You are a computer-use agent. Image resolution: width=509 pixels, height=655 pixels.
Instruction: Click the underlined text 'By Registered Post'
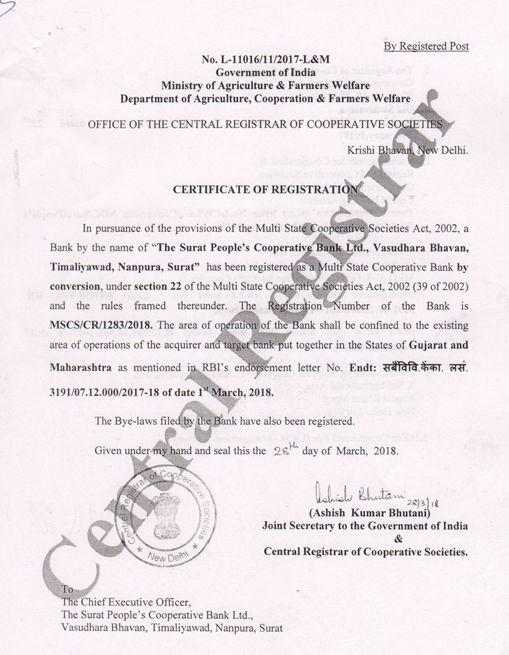pyautogui.click(x=426, y=46)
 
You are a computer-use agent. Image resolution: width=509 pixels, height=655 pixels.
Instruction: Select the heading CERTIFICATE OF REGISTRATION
pyautogui.click(x=265, y=189)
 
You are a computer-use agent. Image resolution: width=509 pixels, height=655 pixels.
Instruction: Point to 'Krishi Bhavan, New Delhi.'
pyautogui.click(x=408, y=150)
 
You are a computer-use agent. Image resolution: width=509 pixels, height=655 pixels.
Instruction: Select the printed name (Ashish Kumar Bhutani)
pyautogui.click(x=367, y=514)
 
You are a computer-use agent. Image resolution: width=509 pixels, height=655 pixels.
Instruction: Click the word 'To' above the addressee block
pyautogui.click(x=67, y=589)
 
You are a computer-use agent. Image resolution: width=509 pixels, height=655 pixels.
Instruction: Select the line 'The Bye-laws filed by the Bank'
pyautogui.click(x=225, y=421)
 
